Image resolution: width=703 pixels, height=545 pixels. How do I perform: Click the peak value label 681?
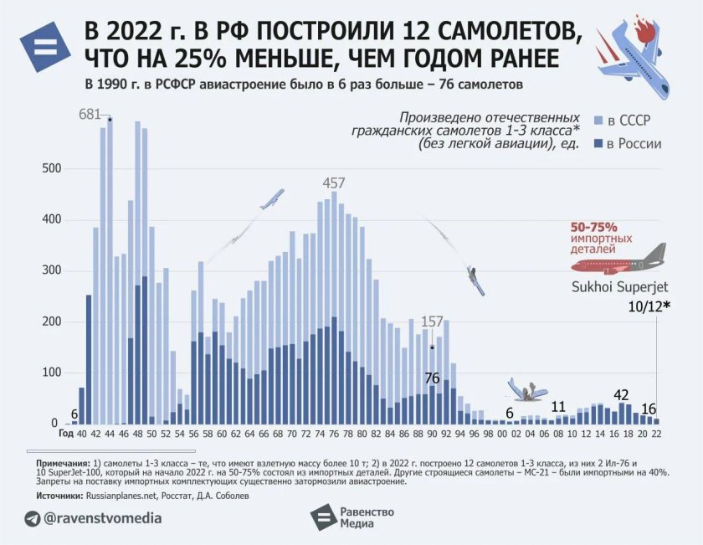click(x=90, y=115)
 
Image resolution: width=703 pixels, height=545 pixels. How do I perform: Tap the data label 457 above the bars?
click(x=334, y=183)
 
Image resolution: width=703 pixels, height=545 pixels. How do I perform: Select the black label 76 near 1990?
click(x=432, y=378)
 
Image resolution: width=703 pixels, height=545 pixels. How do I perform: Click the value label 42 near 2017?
click(x=621, y=395)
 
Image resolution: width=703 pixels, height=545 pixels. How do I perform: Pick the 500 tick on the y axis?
click(x=52, y=168)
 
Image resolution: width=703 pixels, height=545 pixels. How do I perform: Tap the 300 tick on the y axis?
click(x=52, y=270)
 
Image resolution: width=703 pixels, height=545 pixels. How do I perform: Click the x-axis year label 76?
click(x=334, y=434)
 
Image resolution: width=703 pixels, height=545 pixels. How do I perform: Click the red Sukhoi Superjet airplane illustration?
click(x=620, y=263)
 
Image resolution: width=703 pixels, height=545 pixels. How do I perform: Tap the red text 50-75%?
click(x=593, y=227)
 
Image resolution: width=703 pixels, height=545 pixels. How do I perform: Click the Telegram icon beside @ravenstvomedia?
click(x=32, y=519)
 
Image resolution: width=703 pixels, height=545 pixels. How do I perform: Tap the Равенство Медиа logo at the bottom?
click(x=351, y=518)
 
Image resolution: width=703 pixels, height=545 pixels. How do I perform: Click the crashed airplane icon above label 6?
click(x=527, y=388)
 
